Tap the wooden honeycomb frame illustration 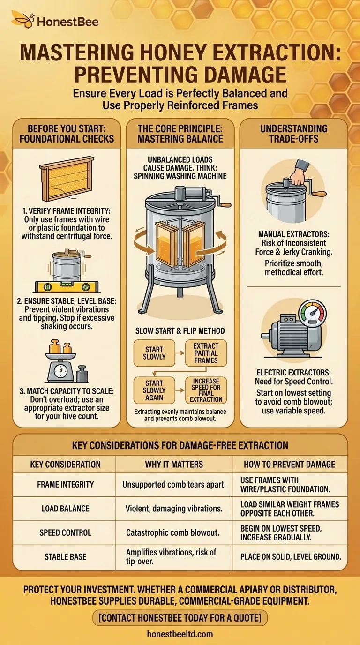tap(67, 179)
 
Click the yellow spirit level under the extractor tap(67, 287)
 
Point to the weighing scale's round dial tap(61, 372)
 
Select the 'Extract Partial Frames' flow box tap(206, 353)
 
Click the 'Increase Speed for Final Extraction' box tap(206, 390)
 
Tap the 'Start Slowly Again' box tap(154, 390)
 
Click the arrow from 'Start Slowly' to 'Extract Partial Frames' tap(180, 353)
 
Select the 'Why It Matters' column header tap(174, 464)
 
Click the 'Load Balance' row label tap(65, 509)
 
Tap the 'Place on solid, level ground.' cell tap(291, 556)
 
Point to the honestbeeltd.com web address tap(180, 634)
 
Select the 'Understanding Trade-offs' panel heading tap(294, 134)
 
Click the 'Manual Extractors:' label tap(294, 234)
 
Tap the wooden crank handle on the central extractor tap(226, 205)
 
